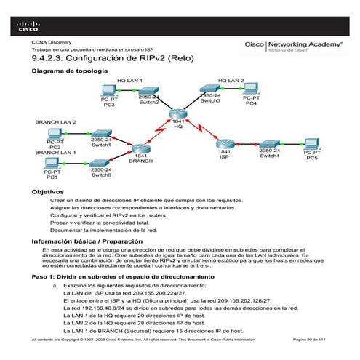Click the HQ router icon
pos(178,114)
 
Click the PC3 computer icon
pos(108,91)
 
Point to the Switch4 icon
pos(269,145)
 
